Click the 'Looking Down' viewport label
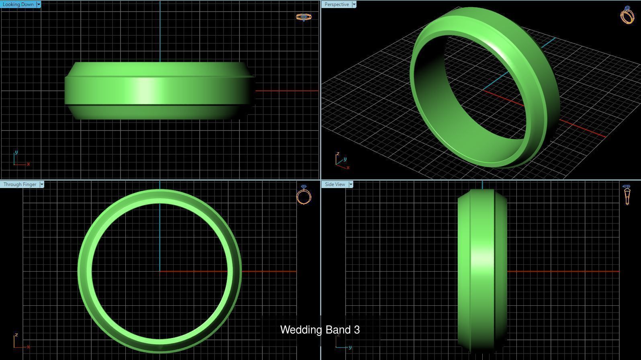click(18, 4)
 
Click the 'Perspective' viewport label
click(336, 4)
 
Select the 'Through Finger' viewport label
click(20, 184)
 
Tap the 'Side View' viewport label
click(335, 184)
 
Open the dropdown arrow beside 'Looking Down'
click(39, 4)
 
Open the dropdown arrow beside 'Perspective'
click(354, 4)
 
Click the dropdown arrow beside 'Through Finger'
click(42, 184)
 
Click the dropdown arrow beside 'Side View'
click(351, 184)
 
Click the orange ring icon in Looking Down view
click(303, 17)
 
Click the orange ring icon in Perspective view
click(627, 15)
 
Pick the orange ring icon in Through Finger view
click(304, 195)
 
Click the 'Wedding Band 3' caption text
click(320, 330)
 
